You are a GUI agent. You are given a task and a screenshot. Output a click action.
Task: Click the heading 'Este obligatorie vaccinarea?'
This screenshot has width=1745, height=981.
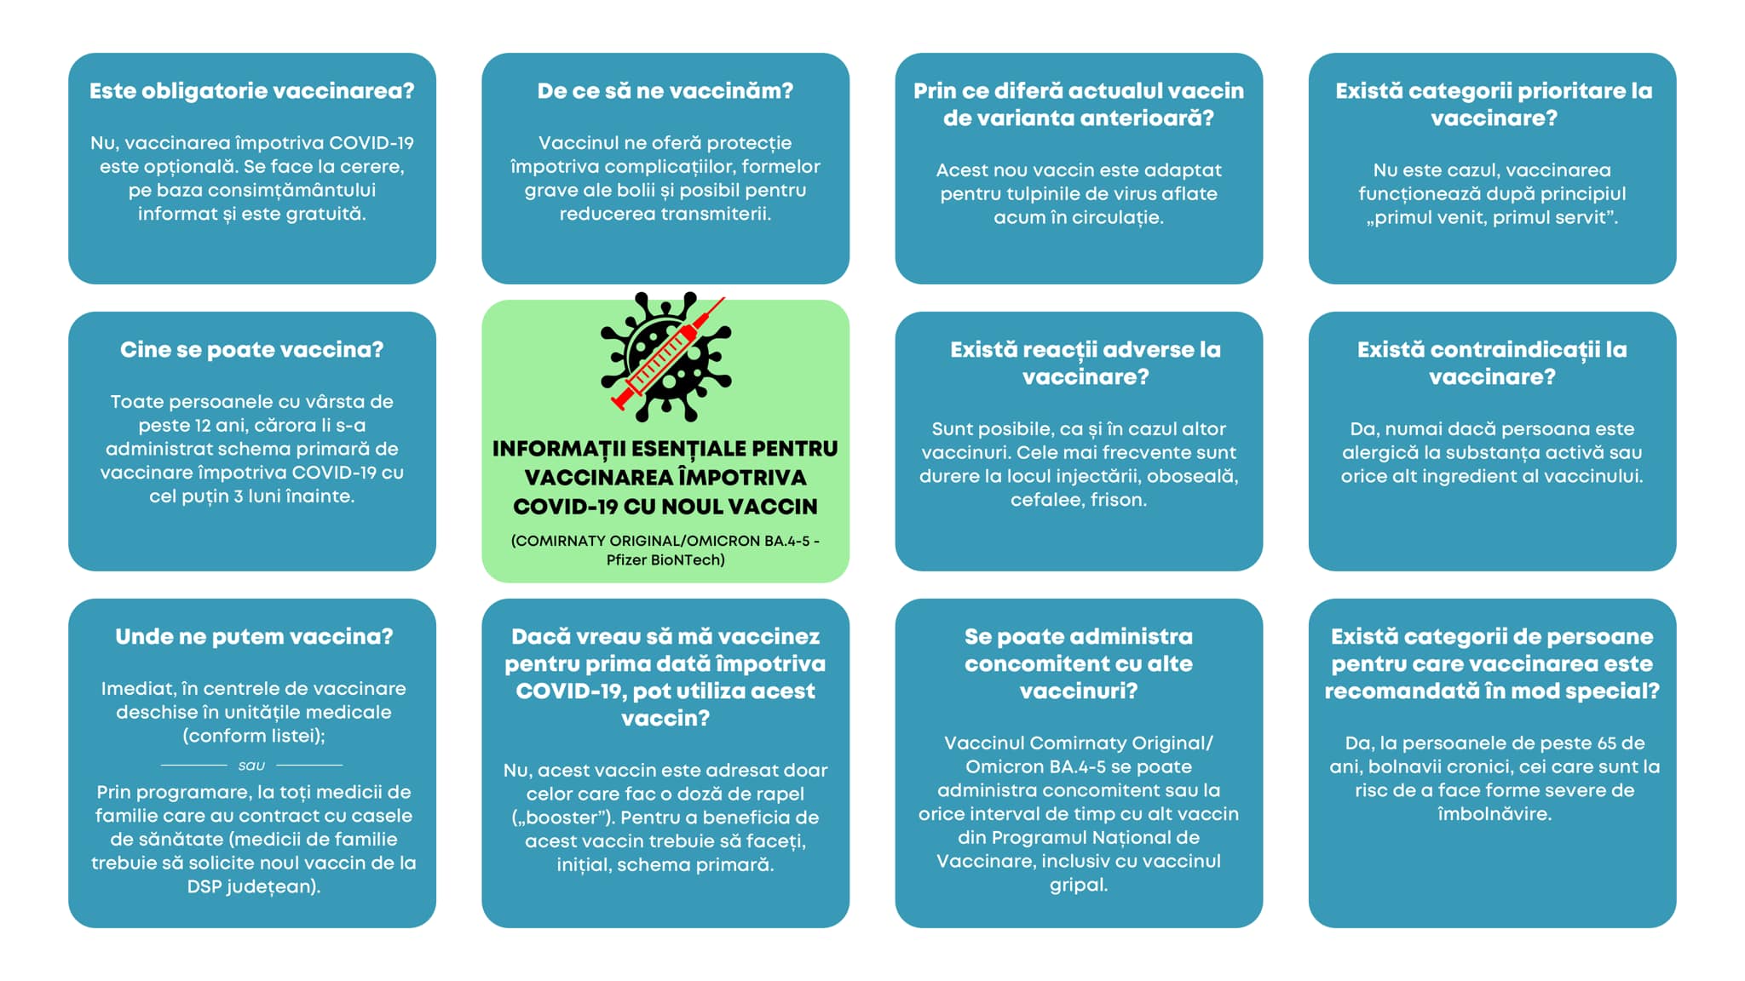click(252, 91)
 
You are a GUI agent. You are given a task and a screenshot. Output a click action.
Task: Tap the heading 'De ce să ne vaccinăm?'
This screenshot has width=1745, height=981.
click(665, 91)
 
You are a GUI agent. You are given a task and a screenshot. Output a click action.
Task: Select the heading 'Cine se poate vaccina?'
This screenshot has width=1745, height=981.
click(252, 350)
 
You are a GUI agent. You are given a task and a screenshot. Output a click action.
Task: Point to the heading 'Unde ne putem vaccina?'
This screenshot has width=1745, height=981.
click(254, 637)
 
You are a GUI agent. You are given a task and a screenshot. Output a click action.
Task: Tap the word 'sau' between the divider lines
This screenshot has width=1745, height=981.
click(251, 766)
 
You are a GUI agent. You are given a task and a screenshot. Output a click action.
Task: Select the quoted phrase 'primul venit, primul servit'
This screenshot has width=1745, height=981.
click(1492, 217)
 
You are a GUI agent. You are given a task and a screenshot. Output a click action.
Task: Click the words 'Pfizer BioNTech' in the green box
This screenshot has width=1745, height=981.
click(665, 560)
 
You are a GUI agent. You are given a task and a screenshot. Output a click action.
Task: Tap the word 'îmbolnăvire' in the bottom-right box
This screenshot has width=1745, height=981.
click(1493, 814)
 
